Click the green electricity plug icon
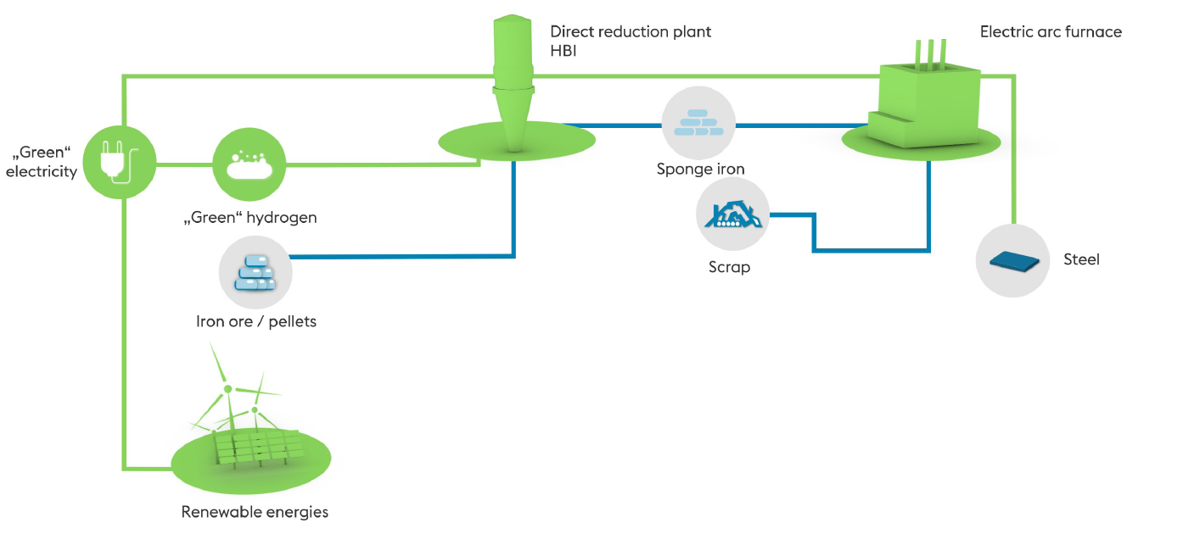pyautogui.click(x=121, y=162)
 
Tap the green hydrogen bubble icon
pyautogui.click(x=249, y=164)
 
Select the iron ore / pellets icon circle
pyautogui.click(x=255, y=273)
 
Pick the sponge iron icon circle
pyautogui.click(x=698, y=124)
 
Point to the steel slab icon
pyautogui.click(x=1013, y=260)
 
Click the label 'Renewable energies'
pyautogui.click(x=255, y=512)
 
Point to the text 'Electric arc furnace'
pyautogui.click(x=1051, y=32)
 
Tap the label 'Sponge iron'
pyautogui.click(x=700, y=170)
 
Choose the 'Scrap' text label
pyautogui.click(x=729, y=268)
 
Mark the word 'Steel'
pyautogui.click(x=1081, y=259)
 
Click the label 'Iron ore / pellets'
pyautogui.click(x=255, y=322)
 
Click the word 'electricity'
pyautogui.click(x=42, y=172)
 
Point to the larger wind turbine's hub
pyautogui.click(x=227, y=390)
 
